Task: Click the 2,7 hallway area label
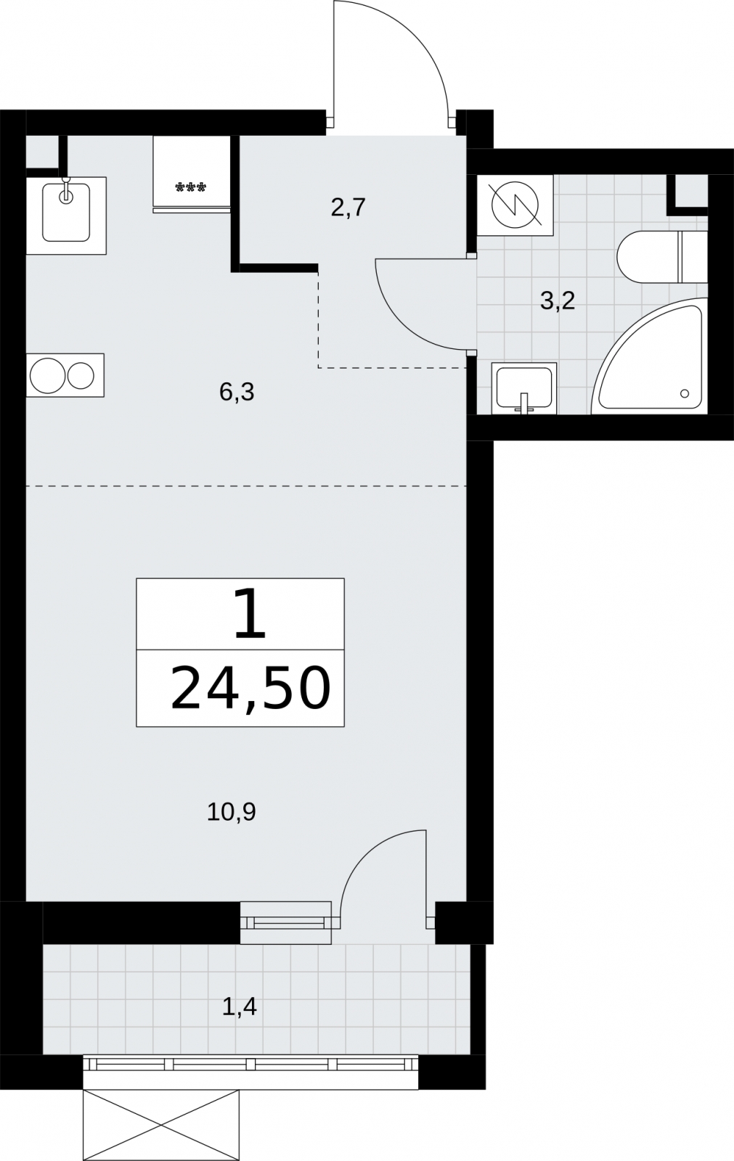(x=348, y=208)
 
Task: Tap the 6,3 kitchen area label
(x=237, y=393)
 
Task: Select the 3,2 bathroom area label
(x=558, y=300)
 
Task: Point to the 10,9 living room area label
(x=232, y=812)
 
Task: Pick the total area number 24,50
(x=250, y=689)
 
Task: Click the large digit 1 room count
(x=250, y=614)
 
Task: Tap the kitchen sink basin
(x=66, y=213)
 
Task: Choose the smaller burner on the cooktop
(x=81, y=375)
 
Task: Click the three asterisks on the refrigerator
(x=191, y=187)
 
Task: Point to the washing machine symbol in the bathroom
(x=515, y=205)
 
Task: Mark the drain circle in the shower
(x=684, y=394)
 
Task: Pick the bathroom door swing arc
(x=400, y=322)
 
